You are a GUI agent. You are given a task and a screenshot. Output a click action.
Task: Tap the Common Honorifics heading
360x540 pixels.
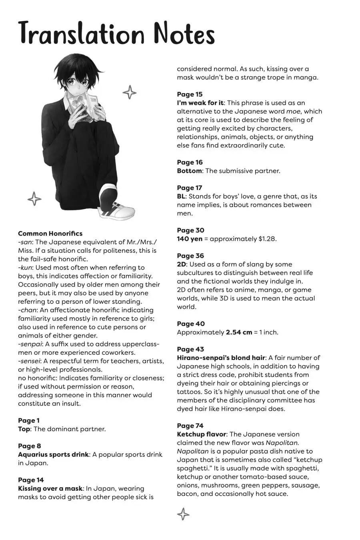tap(50, 233)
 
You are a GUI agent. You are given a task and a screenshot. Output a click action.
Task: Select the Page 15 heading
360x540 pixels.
tap(190, 94)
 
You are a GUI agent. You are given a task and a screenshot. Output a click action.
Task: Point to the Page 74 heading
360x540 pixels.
tap(190, 426)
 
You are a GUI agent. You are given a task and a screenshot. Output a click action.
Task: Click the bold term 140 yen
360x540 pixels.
tap(190, 239)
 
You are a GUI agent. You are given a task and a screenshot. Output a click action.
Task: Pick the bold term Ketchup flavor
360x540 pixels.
tap(202, 434)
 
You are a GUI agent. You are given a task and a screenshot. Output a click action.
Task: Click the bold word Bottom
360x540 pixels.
tap(189, 171)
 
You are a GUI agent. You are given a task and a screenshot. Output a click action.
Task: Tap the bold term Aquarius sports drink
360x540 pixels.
tap(53, 454)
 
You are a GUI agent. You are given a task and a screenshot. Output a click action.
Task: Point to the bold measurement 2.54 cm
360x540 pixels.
tap(239, 332)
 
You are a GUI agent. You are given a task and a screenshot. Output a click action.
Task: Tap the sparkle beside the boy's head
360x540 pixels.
tap(129, 92)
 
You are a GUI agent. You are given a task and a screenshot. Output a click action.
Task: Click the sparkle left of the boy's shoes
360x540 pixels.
tap(34, 198)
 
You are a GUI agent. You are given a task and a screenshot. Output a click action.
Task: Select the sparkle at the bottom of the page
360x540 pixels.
tap(183, 514)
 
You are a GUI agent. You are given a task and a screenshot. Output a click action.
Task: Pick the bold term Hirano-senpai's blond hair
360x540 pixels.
tap(221, 358)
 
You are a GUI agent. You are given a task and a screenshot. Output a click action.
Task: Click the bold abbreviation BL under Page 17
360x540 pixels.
tap(181, 196)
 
